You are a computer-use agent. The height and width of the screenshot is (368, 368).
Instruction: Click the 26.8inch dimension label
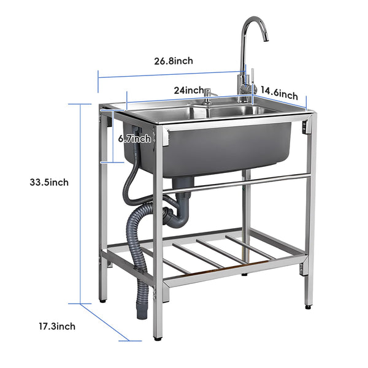click(x=174, y=61)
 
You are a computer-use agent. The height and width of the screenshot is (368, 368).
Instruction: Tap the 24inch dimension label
click(x=188, y=90)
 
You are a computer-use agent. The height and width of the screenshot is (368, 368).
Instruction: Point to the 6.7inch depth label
click(x=134, y=139)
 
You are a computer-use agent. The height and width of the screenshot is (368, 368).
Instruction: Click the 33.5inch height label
click(x=49, y=182)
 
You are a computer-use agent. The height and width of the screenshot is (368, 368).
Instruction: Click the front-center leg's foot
click(x=158, y=335)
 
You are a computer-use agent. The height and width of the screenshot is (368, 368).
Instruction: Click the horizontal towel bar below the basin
click(x=245, y=182)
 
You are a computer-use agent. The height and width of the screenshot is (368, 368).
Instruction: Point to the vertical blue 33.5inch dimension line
click(x=81, y=202)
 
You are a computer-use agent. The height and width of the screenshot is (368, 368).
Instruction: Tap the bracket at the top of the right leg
click(x=305, y=128)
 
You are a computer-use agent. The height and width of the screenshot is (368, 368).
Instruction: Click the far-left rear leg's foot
click(x=102, y=299)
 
